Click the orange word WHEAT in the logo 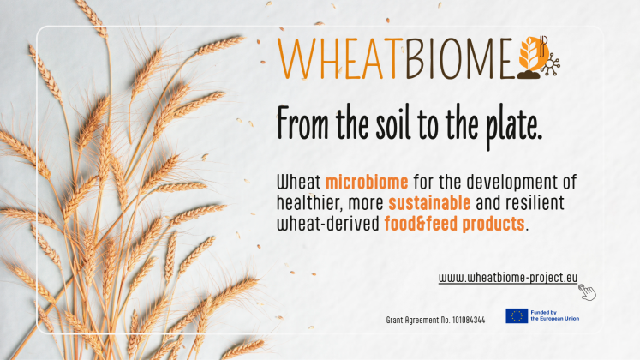tap(338, 59)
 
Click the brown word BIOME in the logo tap(458, 59)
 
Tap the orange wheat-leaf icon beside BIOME tap(532, 53)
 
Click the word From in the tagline tap(302, 123)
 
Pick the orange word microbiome tap(367, 182)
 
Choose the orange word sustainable tap(429, 203)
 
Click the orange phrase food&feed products tap(454, 224)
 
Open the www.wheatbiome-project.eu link tap(508, 278)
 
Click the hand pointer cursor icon tap(587, 292)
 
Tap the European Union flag tap(517, 316)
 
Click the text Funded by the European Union tap(554, 315)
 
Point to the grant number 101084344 tap(469, 320)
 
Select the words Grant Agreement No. tap(418, 321)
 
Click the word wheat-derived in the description tap(328, 224)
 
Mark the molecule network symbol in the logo tap(551, 65)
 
